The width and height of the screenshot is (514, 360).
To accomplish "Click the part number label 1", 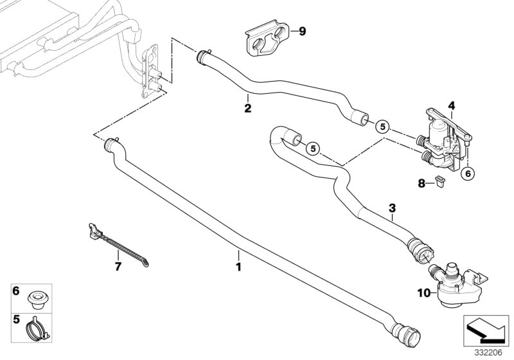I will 238,265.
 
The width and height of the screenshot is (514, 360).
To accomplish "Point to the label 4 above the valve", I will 451,105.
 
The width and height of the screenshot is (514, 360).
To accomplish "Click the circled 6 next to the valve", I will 468,172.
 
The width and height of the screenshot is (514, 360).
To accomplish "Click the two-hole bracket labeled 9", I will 265,42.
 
